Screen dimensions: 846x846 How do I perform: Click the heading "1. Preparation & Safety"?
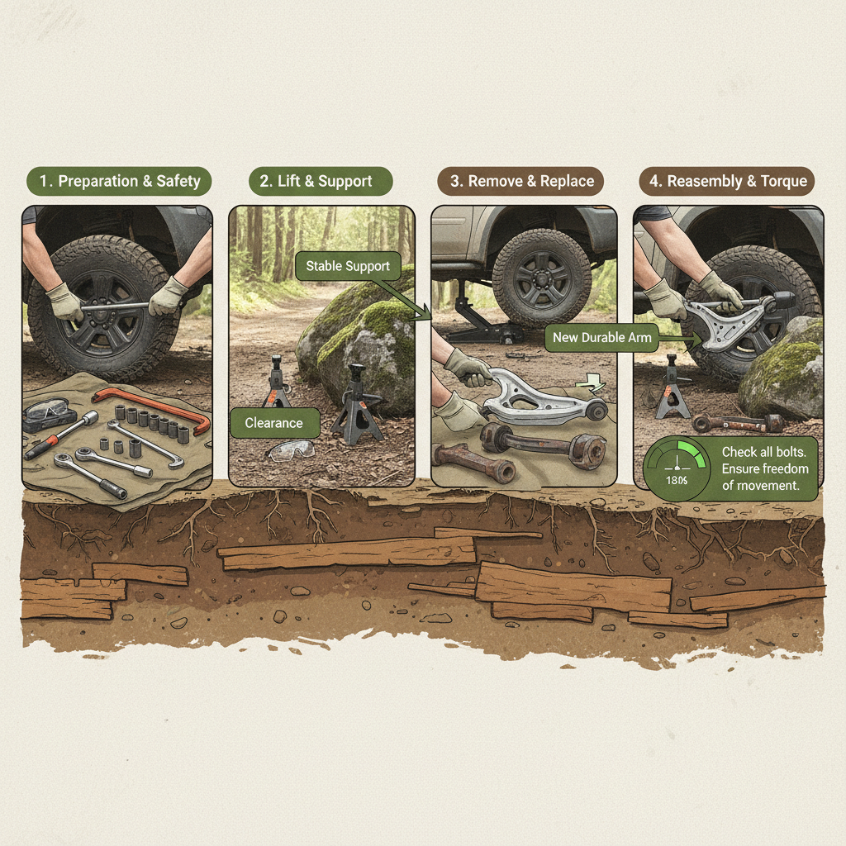(118, 182)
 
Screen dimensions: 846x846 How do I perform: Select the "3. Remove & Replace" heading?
(521, 182)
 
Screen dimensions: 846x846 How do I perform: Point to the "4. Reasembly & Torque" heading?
(727, 182)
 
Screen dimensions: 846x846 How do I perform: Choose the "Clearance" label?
(273, 423)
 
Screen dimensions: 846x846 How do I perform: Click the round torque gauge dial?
(677, 469)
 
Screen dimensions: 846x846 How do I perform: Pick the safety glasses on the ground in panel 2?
(293, 450)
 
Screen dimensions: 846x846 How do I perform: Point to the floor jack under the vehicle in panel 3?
(479, 326)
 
